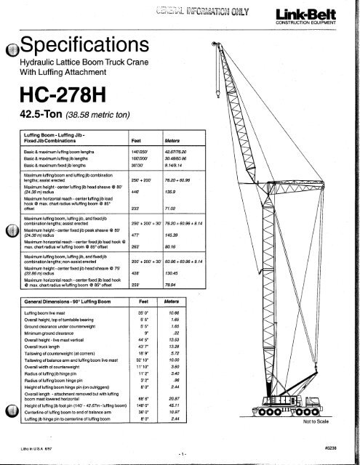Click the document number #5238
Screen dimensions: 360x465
pyautogui.click(x=338, y=448)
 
